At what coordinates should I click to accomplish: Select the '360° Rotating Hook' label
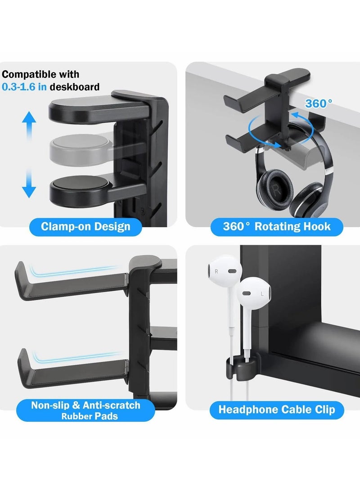click(x=277, y=226)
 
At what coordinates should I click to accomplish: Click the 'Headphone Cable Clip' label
click(x=277, y=410)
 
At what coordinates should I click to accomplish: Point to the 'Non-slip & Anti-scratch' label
click(x=85, y=405)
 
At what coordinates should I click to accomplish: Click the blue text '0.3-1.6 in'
click(x=25, y=87)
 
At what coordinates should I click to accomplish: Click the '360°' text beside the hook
click(x=319, y=104)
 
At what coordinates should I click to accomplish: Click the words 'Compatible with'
click(x=40, y=74)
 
